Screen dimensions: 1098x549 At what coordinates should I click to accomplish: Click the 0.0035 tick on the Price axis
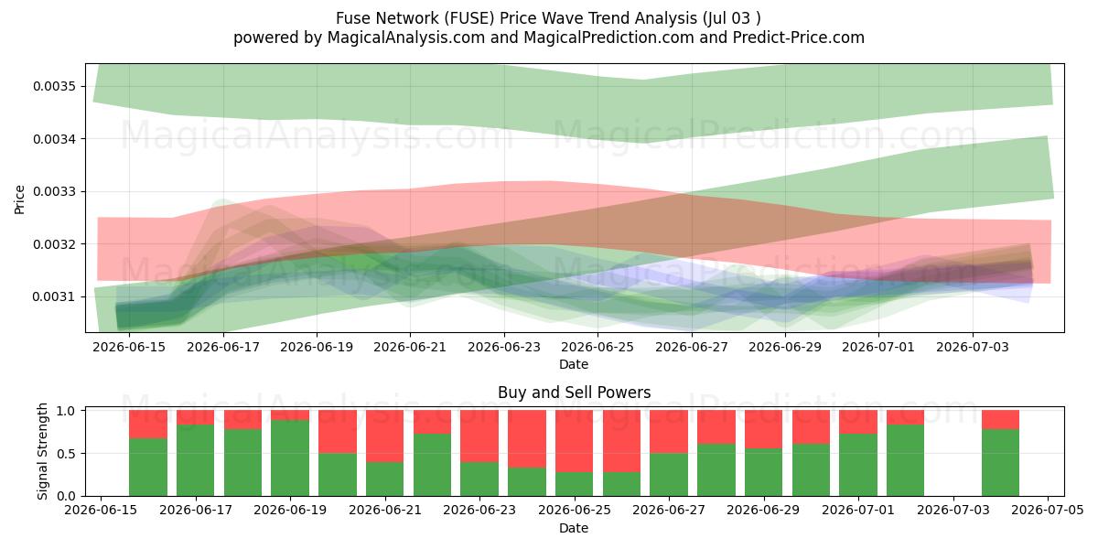[54, 86]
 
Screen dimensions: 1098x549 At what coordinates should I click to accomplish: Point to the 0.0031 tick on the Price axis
[54, 296]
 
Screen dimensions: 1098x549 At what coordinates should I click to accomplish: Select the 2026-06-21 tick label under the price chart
[410, 347]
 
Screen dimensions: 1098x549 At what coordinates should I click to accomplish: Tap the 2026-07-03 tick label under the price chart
[973, 347]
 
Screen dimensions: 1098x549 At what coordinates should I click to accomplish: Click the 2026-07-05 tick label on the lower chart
[1048, 511]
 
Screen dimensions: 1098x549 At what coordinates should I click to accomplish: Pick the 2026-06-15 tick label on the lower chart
[101, 511]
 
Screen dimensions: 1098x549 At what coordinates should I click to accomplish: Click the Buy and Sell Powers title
[574, 393]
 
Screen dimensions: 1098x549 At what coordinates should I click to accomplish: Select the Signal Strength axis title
[43, 451]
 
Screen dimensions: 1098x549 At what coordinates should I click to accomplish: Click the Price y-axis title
[19, 199]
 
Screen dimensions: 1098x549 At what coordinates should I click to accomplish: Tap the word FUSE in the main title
[469, 18]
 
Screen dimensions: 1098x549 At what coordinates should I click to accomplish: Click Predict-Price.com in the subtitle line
[799, 38]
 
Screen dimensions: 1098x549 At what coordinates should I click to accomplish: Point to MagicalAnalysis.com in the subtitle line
[406, 38]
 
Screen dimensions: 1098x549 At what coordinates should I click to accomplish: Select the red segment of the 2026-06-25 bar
[574, 441]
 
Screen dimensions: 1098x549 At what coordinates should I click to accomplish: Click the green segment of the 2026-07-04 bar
[1000, 463]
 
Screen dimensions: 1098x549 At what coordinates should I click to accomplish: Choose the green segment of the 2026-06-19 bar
[290, 457]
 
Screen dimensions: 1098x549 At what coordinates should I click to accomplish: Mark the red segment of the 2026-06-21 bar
[385, 436]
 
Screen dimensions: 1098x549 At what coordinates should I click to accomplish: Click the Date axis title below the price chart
[574, 364]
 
